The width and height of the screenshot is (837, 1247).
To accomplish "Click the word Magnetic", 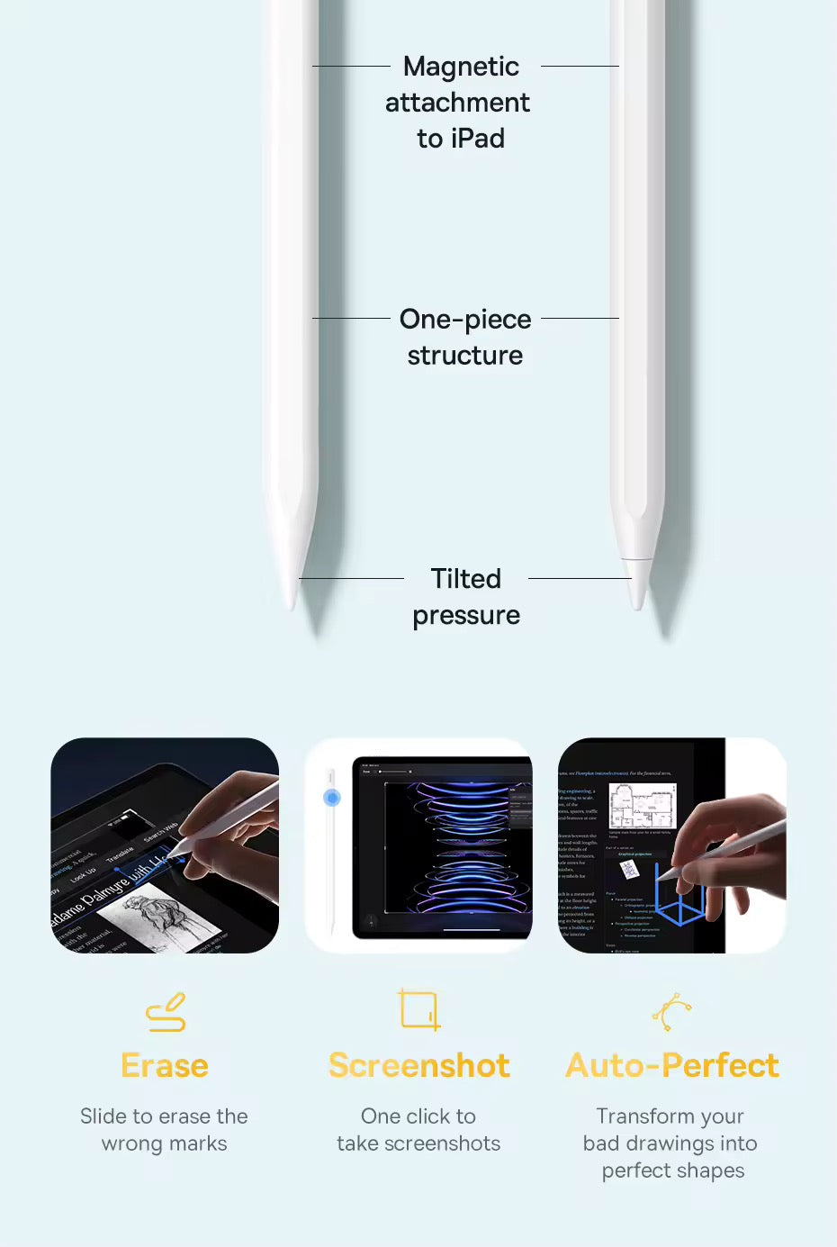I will tap(461, 67).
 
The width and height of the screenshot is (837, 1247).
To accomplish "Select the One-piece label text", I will tap(464, 320).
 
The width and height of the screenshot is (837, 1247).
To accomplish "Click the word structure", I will tap(464, 356).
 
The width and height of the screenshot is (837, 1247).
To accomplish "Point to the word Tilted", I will tap(465, 579).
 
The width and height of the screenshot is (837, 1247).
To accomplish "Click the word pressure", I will tap(465, 616).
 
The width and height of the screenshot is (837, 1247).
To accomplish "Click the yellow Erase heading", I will tap(165, 1066).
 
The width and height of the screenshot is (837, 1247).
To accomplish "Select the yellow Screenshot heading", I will tap(418, 1066).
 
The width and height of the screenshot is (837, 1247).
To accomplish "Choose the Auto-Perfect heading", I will tap(672, 1066).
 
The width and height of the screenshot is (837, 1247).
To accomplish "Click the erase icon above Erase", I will tap(166, 1012).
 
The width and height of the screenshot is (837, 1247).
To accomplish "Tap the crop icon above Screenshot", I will tap(418, 1009).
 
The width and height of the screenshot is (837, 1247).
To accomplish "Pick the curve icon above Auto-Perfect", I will tap(671, 1012).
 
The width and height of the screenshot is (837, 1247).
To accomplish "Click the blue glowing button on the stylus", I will tap(332, 798).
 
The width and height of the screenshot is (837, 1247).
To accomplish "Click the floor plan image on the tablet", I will tap(642, 805).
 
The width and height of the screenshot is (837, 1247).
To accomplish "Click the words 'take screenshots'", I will tap(418, 1143).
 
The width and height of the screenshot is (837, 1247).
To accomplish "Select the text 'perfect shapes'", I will tap(672, 1170).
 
